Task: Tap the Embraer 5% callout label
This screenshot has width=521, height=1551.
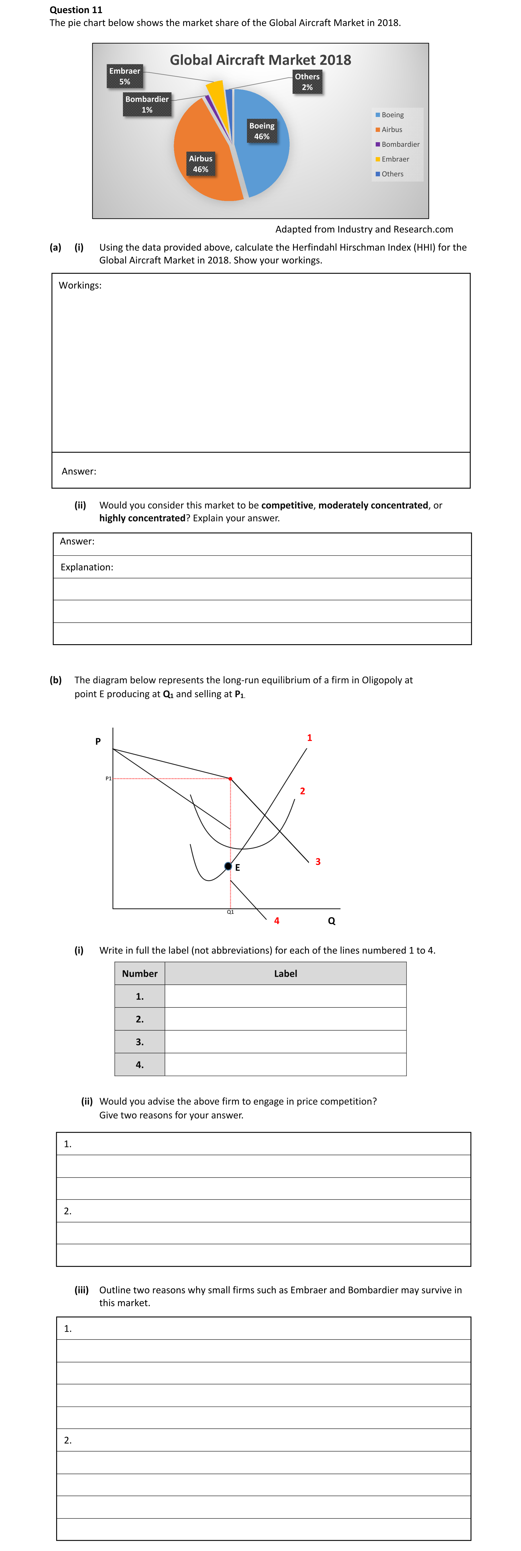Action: [x=125, y=76]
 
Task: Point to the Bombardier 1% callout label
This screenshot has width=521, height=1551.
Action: [x=147, y=104]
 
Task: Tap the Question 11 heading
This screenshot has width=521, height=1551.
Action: [x=76, y=10]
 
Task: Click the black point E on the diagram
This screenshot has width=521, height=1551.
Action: [x=228, y=866]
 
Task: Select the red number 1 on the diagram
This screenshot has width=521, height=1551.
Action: [x=309, y=738]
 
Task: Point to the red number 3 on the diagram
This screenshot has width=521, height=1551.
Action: [x=318, y=862]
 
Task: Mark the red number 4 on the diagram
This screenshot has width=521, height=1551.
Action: [x=276, y=921]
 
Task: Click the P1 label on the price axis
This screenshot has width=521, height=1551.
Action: [x=108, y=779]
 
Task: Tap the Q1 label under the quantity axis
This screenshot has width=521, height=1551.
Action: [x=230, y=912]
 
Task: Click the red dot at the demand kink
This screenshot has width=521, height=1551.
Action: [x=230, y=779]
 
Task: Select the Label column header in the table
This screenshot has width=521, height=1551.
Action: [x=285, y=974]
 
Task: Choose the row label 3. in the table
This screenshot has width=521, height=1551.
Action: [x=140, y=1042]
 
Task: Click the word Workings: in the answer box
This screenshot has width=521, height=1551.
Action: [x=80, y=285]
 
